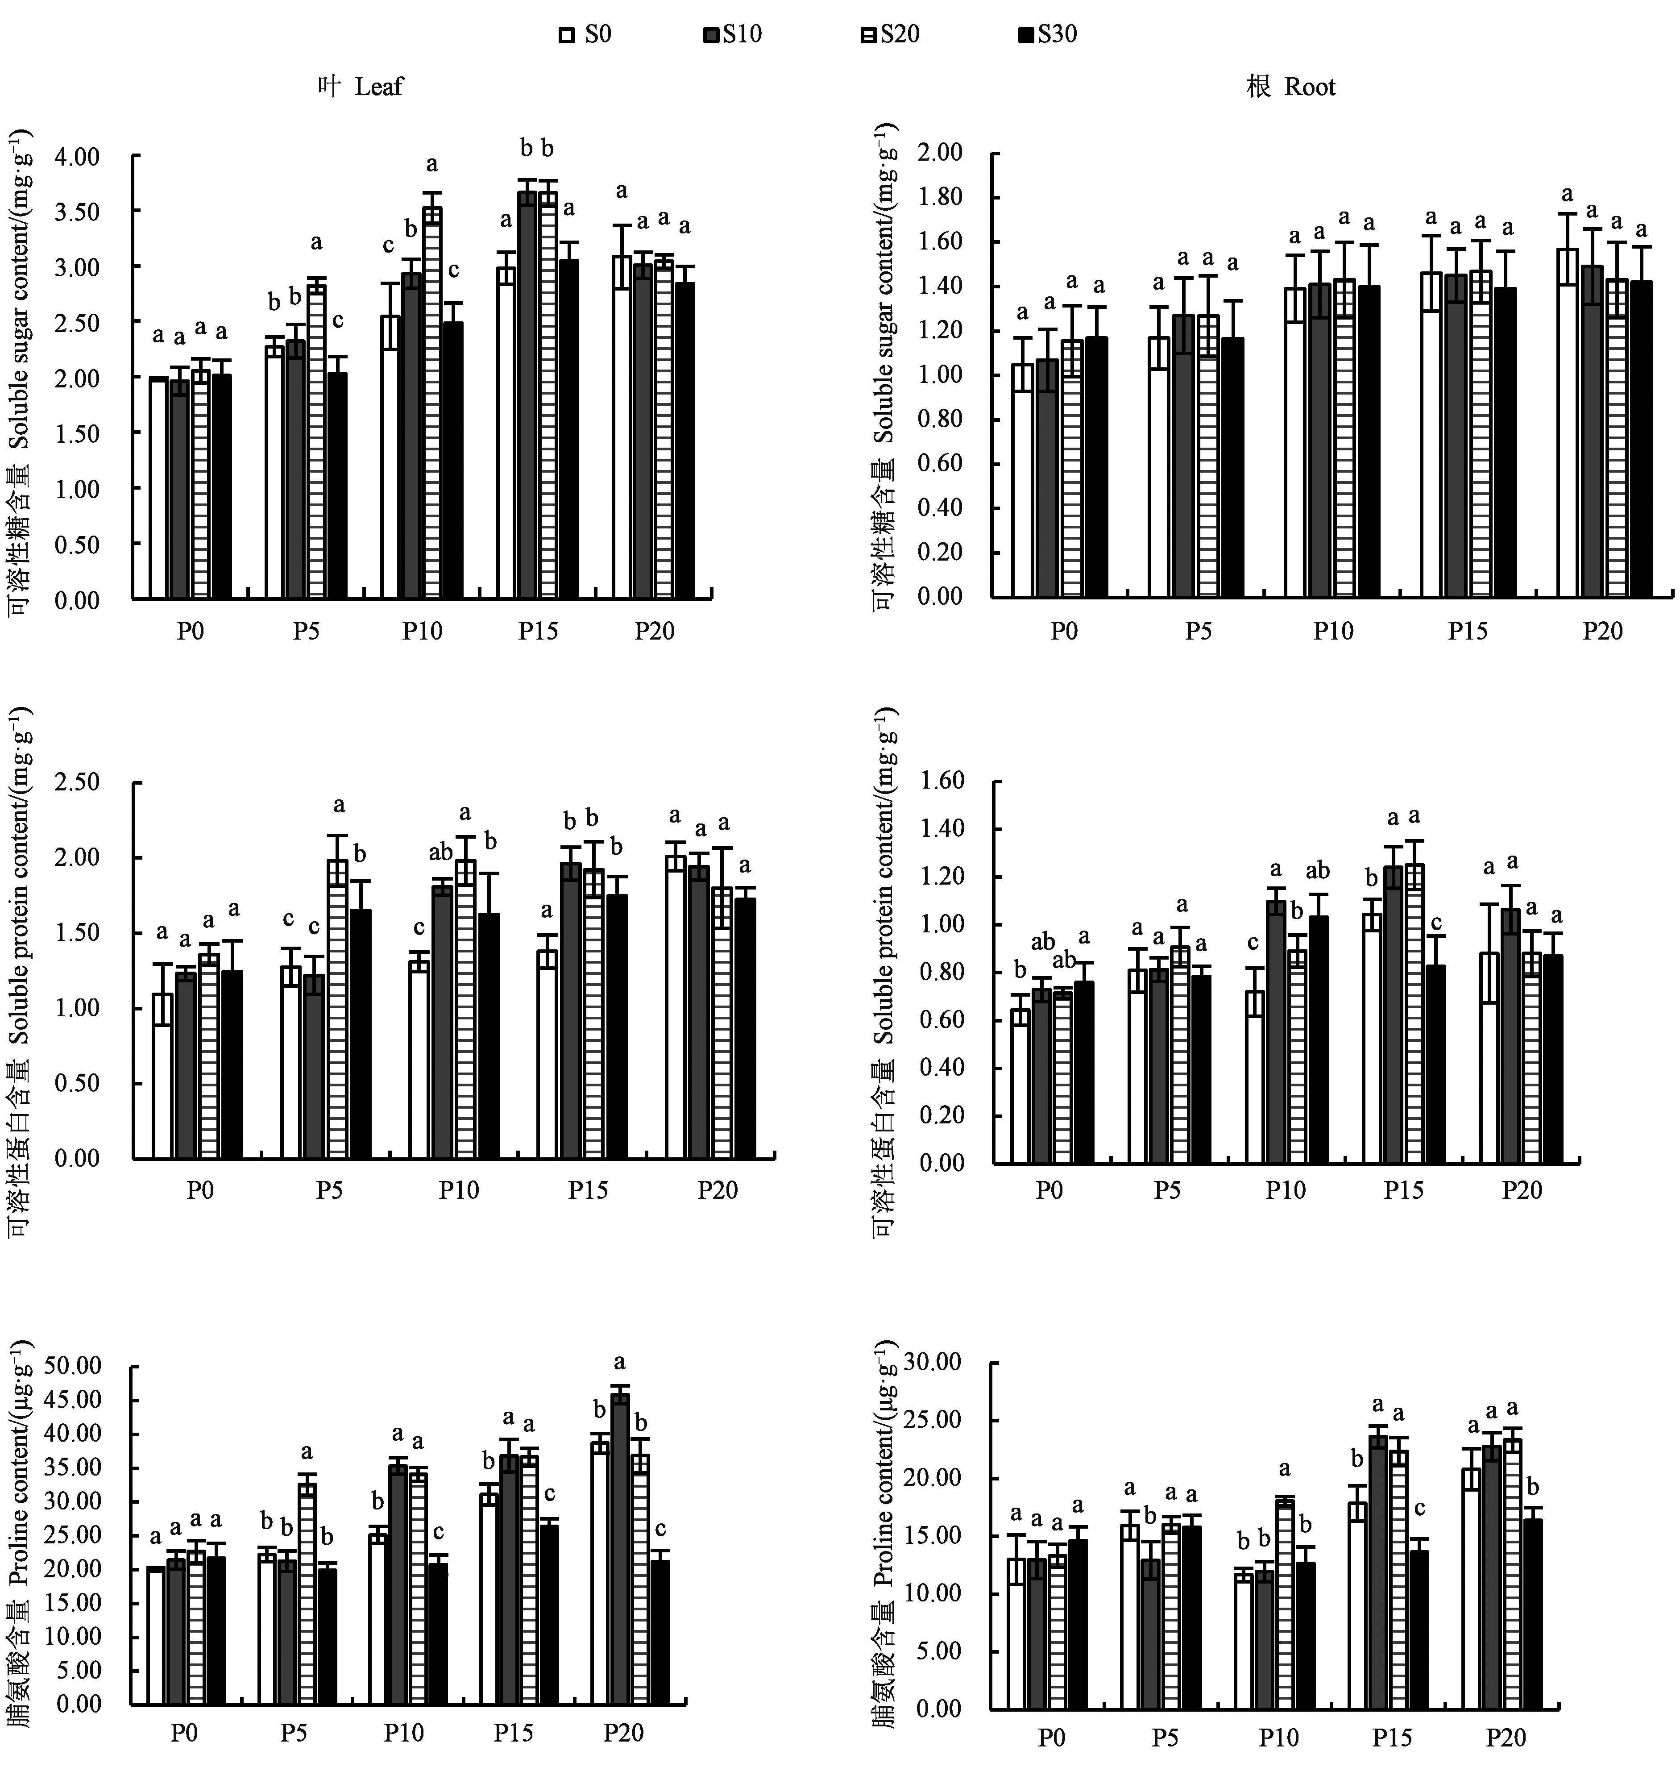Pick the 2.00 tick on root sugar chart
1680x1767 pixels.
coord(940,153)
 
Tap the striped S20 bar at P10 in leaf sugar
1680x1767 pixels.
coord(432,403)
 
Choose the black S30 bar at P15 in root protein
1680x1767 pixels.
coord(1435,1064)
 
